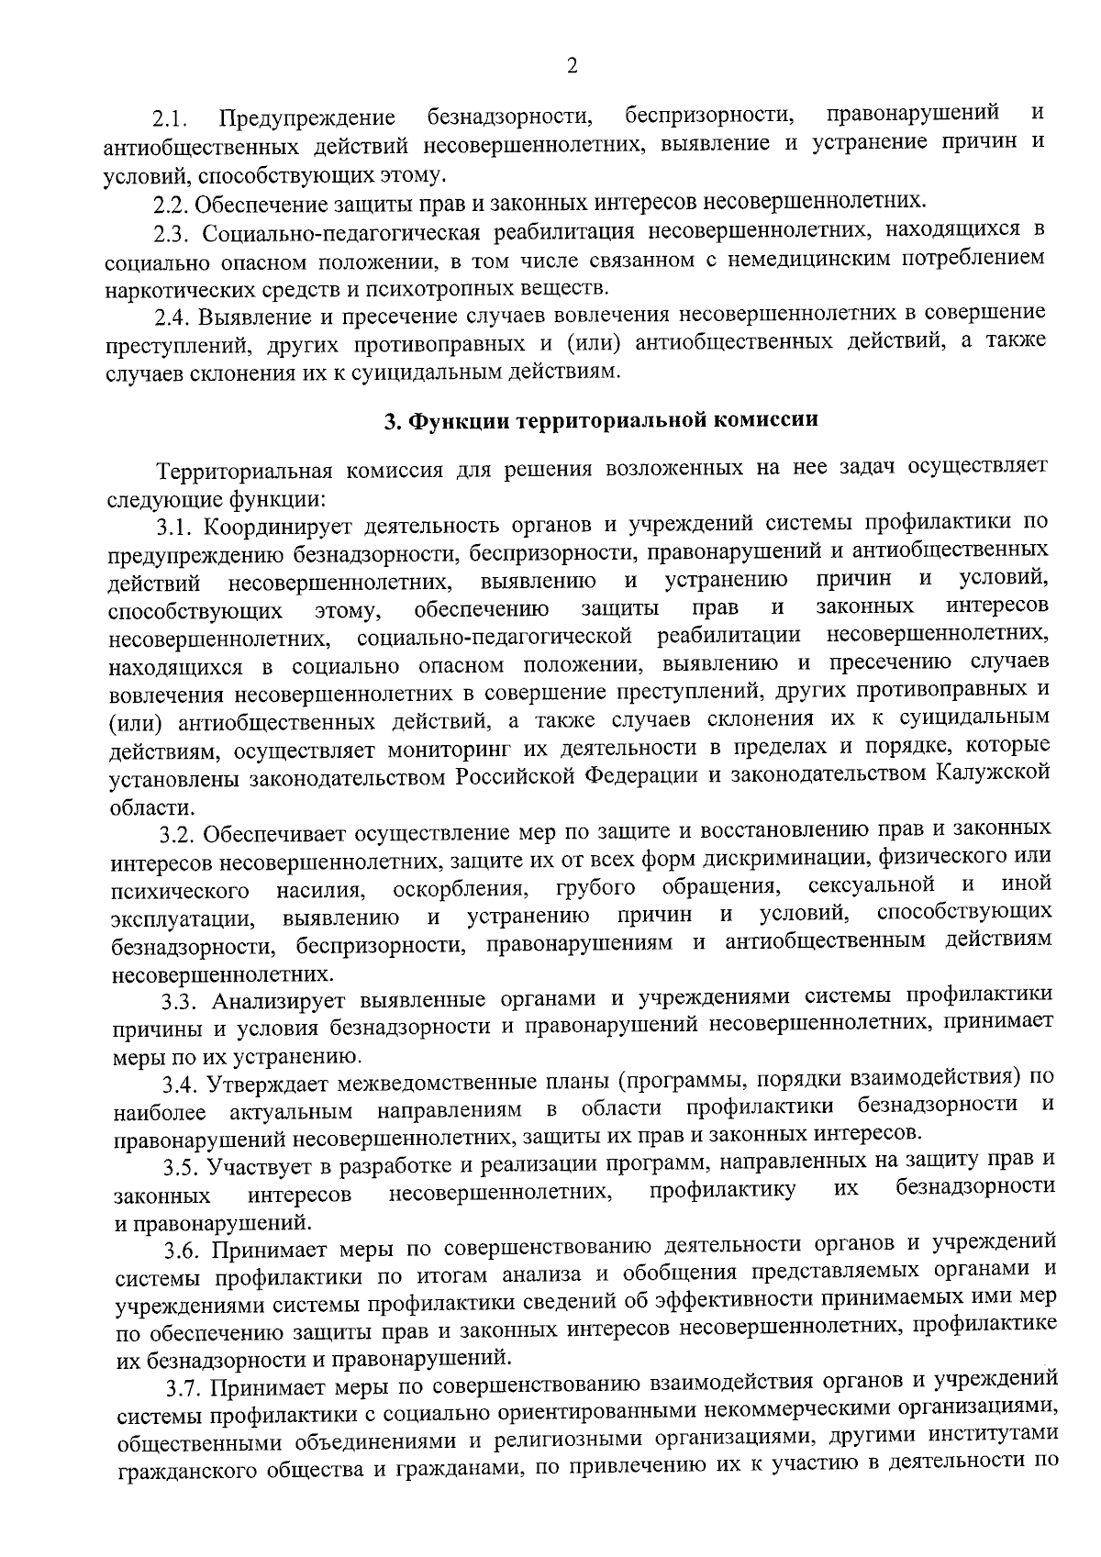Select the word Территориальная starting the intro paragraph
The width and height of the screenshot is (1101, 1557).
click(244, 473)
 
